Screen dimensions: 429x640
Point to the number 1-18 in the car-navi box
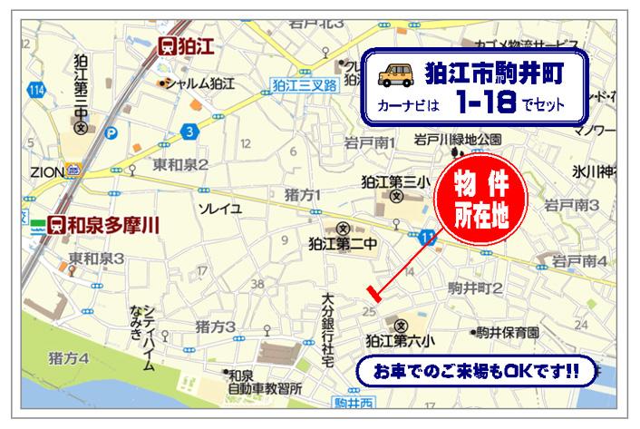point(482,103)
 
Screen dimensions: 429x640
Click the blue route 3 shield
point(189,132)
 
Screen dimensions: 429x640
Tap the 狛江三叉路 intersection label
point(304,84)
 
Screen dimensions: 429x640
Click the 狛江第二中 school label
point(342,243)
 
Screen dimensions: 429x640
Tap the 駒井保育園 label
point(509,333)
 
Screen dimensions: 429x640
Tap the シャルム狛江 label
point(199,83)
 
